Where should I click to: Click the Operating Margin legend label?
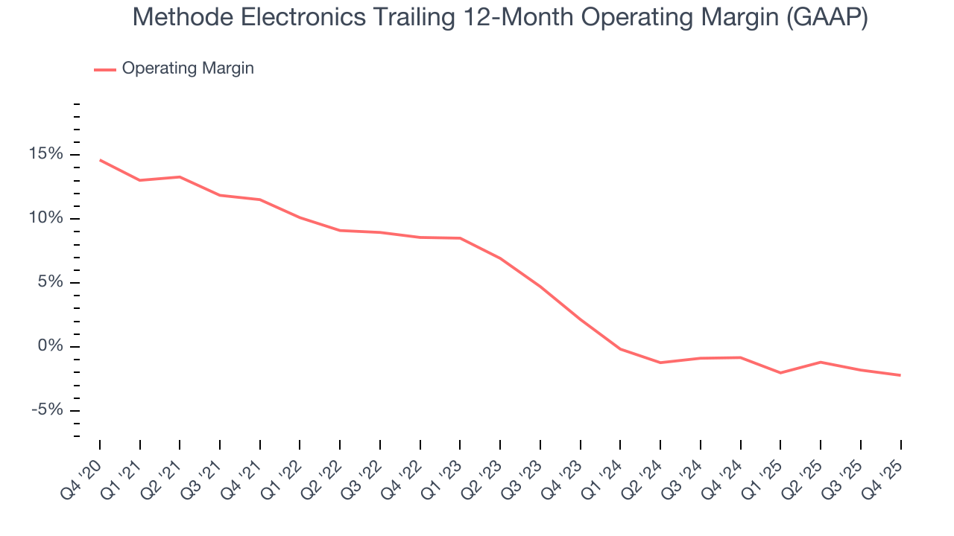tap(188, 68)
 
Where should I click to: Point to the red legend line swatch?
tap(104, 69)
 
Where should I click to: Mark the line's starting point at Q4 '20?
tap(100, 160)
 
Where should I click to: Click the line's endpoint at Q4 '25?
tap(900, 375)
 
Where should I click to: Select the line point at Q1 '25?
tap(780, 373)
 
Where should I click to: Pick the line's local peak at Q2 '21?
tap(180, 177)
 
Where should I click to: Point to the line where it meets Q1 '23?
tap(460, 238)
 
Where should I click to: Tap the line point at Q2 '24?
tap(660, 363)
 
